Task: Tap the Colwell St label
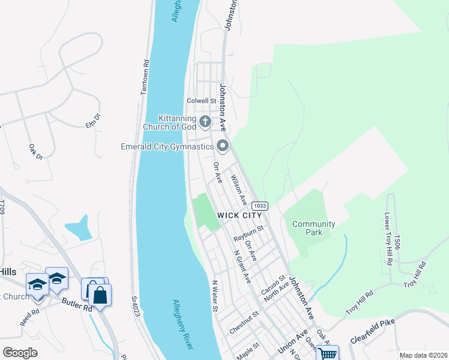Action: (x=200, y=101)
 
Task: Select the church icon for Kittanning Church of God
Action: (x=205, y=122)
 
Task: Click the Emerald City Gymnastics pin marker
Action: (x=223, y=146)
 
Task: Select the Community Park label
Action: (x=313, y=228)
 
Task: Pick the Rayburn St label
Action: (x=249, y=233)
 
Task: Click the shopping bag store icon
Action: (x=100, y=295)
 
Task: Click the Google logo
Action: (x=20, y=353)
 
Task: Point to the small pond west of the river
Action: (x=79, y=229)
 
